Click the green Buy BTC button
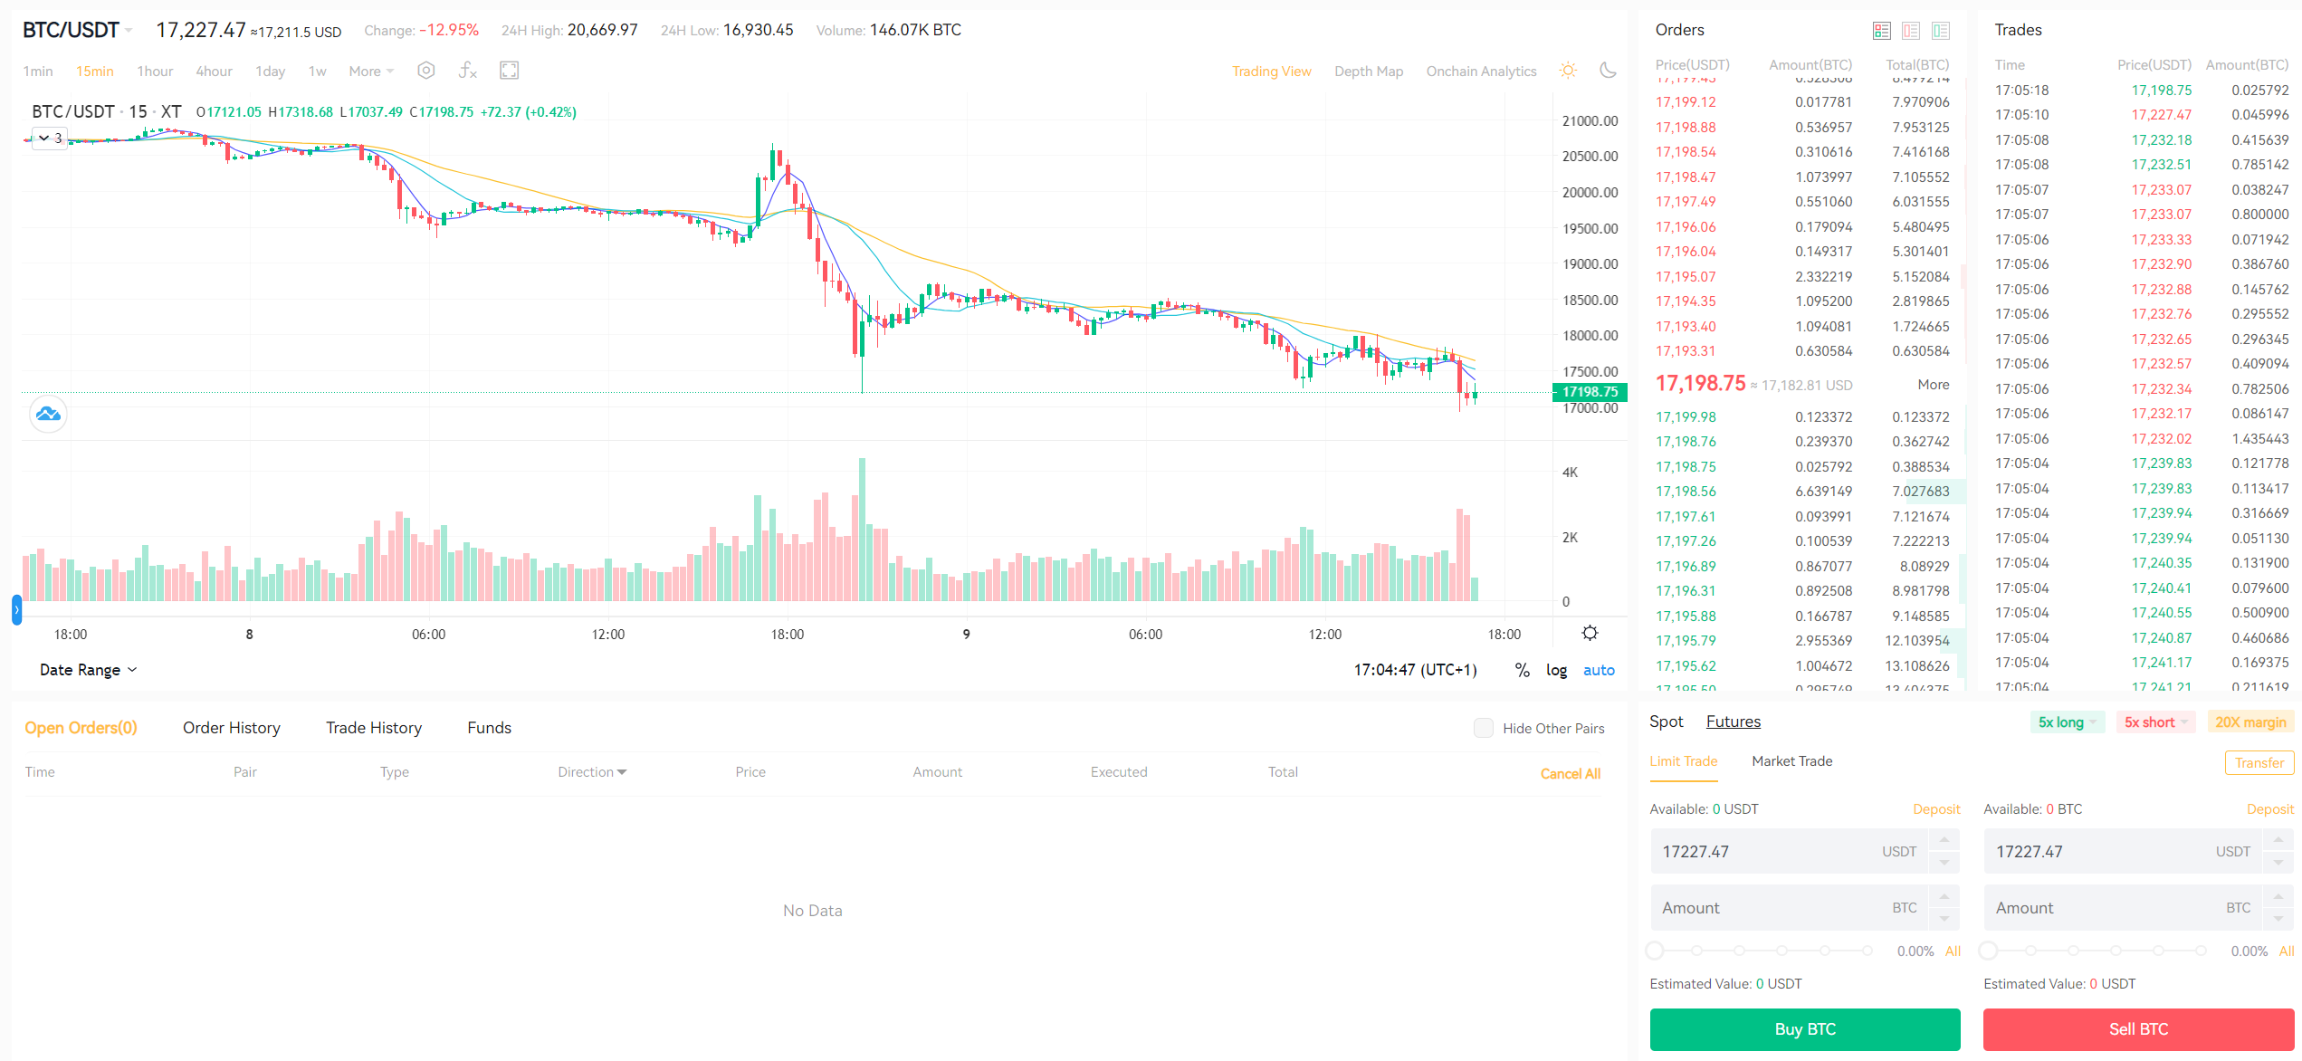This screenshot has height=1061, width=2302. coord(1804,1029)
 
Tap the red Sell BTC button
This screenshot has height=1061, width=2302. coord(2138,1029)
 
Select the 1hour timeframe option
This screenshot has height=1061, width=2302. coord(155,72)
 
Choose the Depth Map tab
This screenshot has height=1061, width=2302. coord(1368,72)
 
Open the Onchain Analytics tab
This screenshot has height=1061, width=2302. coord(1481,72)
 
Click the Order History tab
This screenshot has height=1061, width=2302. coord(231,728)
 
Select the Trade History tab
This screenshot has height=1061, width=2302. coord(374,728)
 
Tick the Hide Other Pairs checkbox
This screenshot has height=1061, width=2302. coord(1483,728)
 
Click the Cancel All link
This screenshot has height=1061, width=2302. coord(1570,774)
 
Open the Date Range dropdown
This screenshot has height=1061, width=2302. coord(88,670)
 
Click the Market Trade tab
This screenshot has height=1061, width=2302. coord(1791,761)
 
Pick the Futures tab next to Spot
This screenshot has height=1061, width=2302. coord(1733,722)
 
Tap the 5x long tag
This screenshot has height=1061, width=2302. coord(2061,722)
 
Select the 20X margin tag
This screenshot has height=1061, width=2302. coord(2250,722)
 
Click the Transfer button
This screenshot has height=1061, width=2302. coord(2259,763)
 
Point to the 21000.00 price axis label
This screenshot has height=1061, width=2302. coord(1590,121)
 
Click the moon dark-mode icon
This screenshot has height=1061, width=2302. coord(1608,71)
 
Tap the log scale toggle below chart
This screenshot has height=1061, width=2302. coord(1556,670)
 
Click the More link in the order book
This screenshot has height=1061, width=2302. coord(1933,385)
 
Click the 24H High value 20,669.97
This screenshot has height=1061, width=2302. coord(602,30)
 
